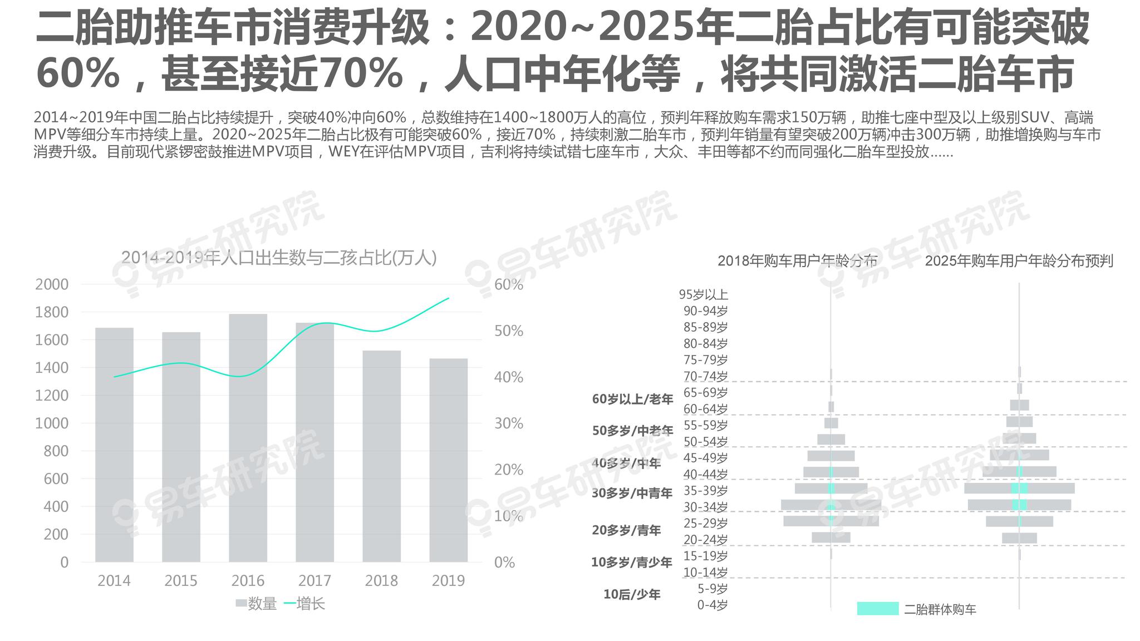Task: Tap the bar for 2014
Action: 114,445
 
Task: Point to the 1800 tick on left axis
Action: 52,312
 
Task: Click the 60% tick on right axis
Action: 508,284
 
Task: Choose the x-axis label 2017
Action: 315,581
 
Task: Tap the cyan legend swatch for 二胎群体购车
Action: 877,608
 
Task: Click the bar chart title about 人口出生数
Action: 279,258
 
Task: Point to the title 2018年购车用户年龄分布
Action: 797,260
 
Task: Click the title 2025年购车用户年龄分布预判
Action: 1019,260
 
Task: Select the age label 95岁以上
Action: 703,294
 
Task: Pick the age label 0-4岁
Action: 712,605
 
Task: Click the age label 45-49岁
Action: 705,458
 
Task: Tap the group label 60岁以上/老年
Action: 632,399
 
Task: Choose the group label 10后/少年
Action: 632,594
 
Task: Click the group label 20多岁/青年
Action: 626,530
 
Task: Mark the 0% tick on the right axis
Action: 504,563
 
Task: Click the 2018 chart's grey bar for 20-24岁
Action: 831,538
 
